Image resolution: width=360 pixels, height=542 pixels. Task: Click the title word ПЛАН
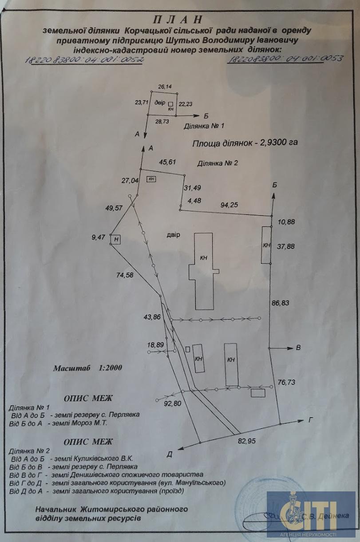click(x=177, y=20)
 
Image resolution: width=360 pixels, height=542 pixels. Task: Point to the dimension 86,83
click(x=280, y=303)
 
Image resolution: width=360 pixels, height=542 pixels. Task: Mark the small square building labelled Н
click(x=116, y=240)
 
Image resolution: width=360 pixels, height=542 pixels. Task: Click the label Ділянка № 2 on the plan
click(x=218, y=163)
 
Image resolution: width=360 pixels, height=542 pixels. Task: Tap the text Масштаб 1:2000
click(x=87, y=368)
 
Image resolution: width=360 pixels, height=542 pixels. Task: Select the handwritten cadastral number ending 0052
click(x=83, y=60)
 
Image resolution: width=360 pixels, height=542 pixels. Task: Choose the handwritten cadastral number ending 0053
click(x=285, y=59)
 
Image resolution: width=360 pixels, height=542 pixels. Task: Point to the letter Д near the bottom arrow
click(x=170, y=454)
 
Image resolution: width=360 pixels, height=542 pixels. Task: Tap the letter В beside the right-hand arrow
click(x=298, y=348)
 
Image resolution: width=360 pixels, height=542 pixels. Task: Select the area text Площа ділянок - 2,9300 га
click(x=244, y=143)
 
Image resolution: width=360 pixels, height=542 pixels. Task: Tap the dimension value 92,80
click(x=172, y=404)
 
